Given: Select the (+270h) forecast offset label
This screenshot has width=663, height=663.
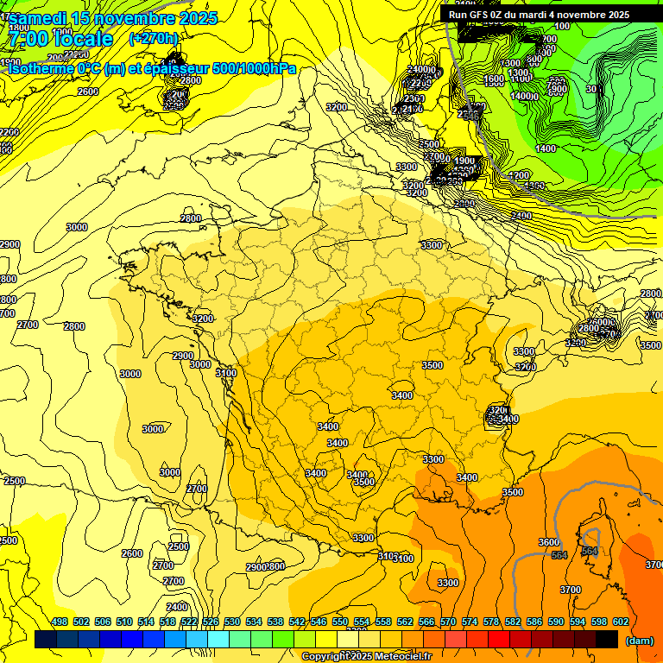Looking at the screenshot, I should (154, 38).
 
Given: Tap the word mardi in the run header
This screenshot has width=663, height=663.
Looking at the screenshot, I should (544, 15).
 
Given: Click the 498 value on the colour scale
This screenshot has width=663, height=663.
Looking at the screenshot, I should (60, 622).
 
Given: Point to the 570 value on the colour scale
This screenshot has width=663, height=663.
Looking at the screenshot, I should (448, 622).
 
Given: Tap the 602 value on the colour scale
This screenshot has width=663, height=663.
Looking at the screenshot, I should (621, 622).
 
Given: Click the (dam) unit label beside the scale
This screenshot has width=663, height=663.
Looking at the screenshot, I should (640, 641).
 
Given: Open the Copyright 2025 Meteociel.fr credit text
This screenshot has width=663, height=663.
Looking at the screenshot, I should (367, 656).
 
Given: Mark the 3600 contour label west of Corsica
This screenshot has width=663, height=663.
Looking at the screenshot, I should (549, 542).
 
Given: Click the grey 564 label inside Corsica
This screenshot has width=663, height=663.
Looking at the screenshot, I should (590, 550).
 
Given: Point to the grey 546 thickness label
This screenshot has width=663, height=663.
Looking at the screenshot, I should (470, 115).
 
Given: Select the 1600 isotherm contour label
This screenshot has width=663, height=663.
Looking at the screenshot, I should (494, 80).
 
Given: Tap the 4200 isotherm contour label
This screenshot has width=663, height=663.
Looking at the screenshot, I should (519, 175).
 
